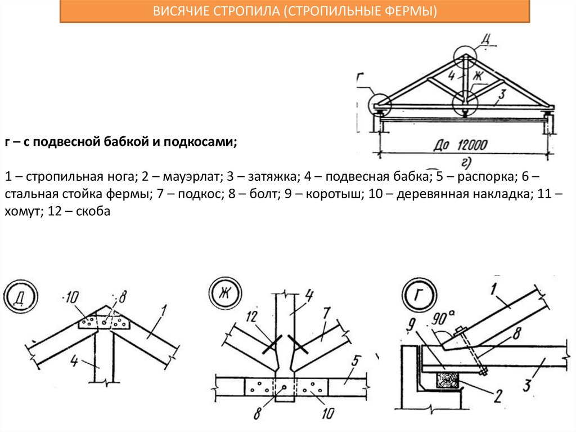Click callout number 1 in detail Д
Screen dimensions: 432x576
pyautogui.click(x=163, y=309)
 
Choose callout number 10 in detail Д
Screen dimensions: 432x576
pyautogui.click(x=72, y=296)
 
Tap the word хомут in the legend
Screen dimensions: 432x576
pyautogui.click(x=21, y=213)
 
